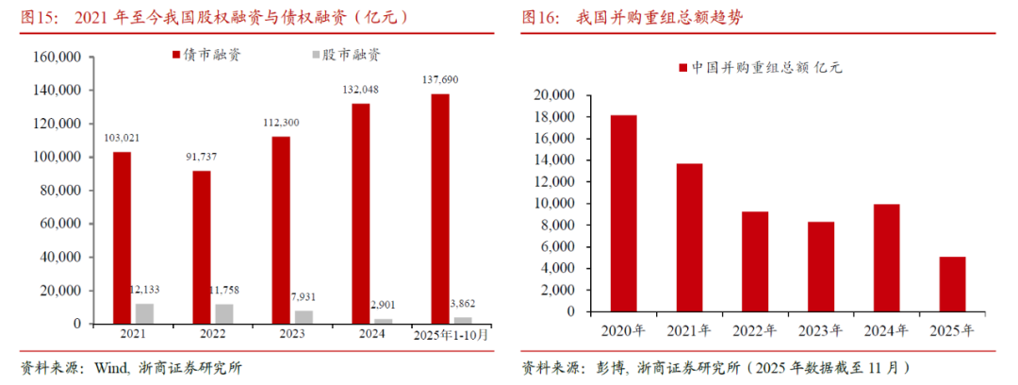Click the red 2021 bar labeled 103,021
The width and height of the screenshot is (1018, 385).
(123, 238)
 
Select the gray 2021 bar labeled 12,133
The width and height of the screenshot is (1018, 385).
(145, 313)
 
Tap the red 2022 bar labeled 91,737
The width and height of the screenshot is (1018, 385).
(203, 247)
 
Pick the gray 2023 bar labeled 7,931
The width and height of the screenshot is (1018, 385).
(304, 317)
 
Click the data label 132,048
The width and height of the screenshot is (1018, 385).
(361, 89)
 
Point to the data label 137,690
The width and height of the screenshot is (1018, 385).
(440, 79)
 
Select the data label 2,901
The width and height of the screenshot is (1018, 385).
(383, 304)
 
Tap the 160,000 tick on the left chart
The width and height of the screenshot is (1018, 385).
(57, 58)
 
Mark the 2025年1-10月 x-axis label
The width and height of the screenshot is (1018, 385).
(452, 335)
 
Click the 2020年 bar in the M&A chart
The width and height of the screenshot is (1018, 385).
(623, 213)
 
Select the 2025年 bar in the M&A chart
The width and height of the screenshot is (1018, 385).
(952, 284)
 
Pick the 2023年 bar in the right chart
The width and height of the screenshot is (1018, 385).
(821, 267)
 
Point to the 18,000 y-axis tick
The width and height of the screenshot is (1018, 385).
(558, 117)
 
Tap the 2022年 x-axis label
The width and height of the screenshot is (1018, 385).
(755, 330)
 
